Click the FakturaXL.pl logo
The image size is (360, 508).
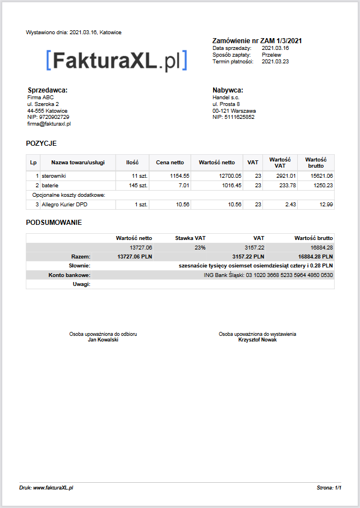click(116, 61)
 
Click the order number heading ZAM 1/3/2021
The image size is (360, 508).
click(257, 40)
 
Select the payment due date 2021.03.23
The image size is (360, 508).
click(275, 62)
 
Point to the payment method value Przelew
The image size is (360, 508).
click(271, 55)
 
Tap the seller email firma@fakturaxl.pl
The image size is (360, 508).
click(49, 124)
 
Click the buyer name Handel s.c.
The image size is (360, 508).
click(226, 97)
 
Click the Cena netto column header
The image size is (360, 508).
click(170, 163)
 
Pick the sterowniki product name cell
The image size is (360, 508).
click(54, 176)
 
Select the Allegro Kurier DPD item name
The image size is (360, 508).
click(64, 205)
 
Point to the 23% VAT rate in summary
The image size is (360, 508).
click(200, 247)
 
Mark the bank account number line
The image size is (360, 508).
click(268, 275)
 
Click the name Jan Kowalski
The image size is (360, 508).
click(103, 340)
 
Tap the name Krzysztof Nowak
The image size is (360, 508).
click(257, 340)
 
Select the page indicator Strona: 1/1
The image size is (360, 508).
click(329, 488)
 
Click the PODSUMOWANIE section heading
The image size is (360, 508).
click(54, 223)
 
